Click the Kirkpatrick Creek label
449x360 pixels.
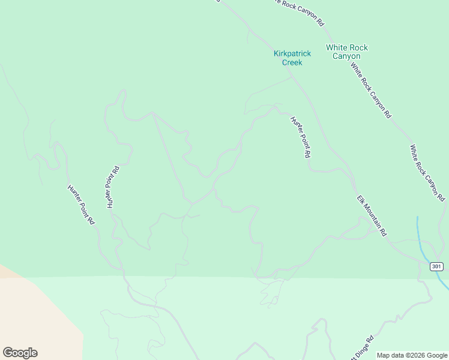(292, 58)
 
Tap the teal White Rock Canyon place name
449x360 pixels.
(347, 52)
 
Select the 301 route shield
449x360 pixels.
(436, 266)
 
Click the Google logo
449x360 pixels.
(20, 353)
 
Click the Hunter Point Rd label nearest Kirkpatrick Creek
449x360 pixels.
(300, 137)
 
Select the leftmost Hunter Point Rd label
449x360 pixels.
(81, 204)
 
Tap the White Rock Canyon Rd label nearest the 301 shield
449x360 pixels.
(427, 172)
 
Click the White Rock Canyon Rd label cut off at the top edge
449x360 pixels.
(298, 11)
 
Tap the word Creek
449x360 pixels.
(292, 62)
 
